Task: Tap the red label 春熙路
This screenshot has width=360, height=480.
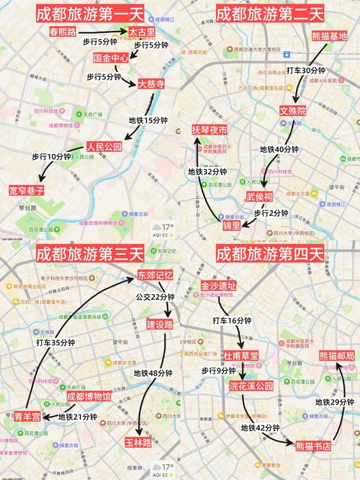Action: (67, 32)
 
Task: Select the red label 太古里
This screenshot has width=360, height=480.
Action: (143, 32)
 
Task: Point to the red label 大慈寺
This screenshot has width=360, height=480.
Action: (151, 83)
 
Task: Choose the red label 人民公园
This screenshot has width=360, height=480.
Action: (104, 147)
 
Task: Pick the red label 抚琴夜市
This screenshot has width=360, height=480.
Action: (209, 130)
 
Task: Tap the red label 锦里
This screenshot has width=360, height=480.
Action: (231, 226)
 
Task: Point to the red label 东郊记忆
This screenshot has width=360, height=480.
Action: (156, 276)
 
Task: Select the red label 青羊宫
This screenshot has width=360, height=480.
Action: (27, 416)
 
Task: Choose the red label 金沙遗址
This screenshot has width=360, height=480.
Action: (218, 286)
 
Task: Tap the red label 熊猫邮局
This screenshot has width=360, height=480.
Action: (337, 356)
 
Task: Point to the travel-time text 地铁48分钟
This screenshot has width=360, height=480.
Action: (153, 373)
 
